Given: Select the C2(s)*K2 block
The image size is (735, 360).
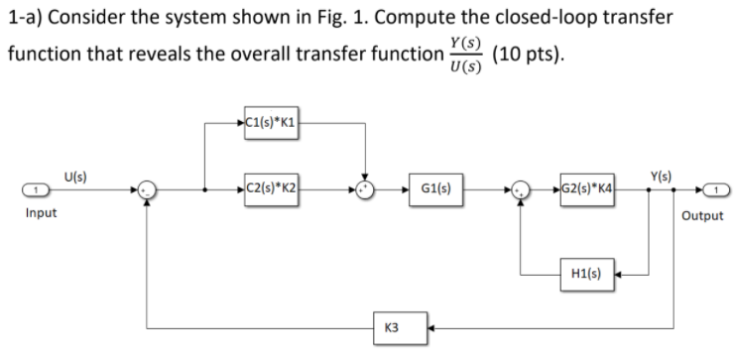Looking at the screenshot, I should (269, 186).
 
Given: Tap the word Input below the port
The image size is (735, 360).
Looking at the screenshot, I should (41, 213).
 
